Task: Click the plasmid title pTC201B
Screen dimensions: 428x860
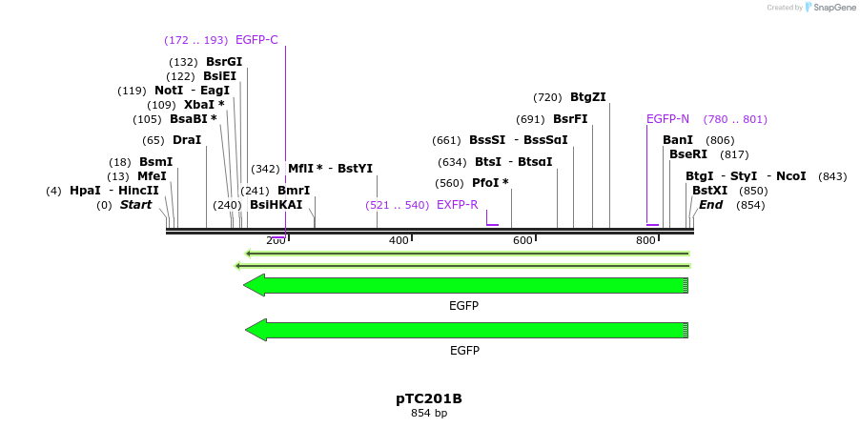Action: click(x=429, y=398)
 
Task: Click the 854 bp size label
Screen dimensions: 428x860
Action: click(x=429, y=414)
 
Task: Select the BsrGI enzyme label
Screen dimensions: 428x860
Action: click(x=224, y=62)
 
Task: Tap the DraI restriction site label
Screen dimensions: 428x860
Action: click(x=187, y=140)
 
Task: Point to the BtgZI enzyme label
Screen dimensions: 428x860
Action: click(x=587, y=97)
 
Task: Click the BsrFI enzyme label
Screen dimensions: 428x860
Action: click(x=570, y=119)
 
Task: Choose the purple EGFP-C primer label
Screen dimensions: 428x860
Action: click(x=256, y=40)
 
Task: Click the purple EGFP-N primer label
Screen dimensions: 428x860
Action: click(x=667, y=119)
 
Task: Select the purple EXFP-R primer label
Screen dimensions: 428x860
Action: click(x=457, y=205)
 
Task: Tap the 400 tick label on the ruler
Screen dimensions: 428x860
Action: click(x=399, y=240)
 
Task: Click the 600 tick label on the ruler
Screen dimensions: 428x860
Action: click(x=522, y=240)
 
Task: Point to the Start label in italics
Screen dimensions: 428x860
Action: click(x=135, y=205)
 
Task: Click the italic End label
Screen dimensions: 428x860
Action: click(x=710, y=205)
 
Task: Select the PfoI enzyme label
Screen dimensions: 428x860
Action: click(x=490, y=183)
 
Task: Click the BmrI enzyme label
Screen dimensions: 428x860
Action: click(x=294, y=191)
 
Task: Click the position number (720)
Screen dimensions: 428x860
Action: click(x=547, y=97)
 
